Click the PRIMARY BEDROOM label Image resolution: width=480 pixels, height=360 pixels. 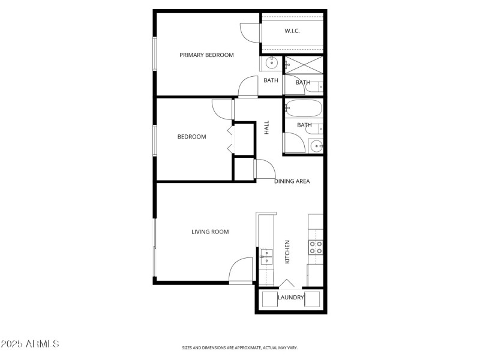[x=206, y=55]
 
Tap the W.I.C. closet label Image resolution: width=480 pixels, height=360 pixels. [x=292, y=31]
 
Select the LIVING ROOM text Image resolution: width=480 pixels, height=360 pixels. [x=210, y=232]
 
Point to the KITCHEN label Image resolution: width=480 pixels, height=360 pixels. [x=287, y=252]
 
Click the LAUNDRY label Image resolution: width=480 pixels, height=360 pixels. [x=291, y=297]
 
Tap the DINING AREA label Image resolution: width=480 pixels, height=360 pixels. [x=292, y=181]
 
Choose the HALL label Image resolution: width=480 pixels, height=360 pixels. [x=267, y=127]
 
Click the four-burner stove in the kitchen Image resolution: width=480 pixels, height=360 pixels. [x=316, y=247]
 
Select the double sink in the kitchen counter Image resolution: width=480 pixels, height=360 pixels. [x=266, y=257]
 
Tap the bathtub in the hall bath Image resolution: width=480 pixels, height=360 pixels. [x=304, y=109]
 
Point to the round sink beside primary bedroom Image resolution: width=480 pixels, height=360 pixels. [x=271, y=62]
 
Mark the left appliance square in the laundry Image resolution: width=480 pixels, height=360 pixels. [x=270, y=299]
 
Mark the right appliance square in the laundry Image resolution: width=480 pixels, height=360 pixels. [x=313, y=299]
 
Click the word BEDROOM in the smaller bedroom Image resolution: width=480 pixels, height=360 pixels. [x=191, y=137]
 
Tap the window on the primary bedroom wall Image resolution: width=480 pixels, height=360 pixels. [x=155, y=54]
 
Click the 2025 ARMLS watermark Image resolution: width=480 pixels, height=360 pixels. [x=30, y=344]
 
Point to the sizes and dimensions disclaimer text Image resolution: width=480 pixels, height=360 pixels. [x=240, y=347]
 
